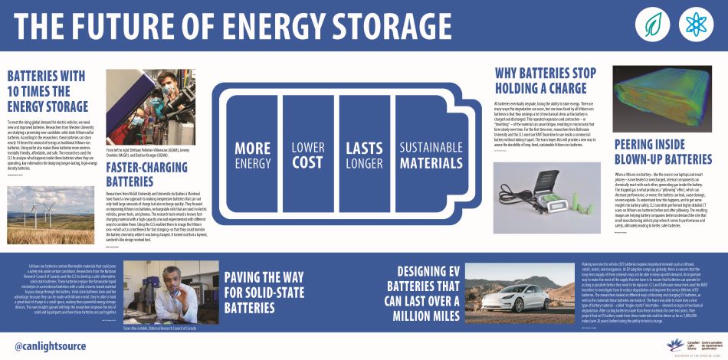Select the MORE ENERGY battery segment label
tap(253, 153)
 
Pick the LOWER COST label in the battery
tap(308, 153)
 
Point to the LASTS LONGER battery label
tap(364, 153)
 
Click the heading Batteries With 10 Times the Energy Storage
tap(48, 90)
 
